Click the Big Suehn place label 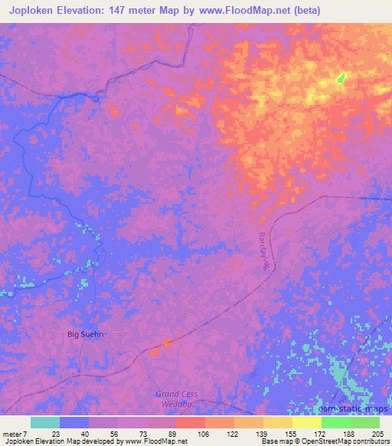click(84, 334)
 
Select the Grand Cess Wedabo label click(177, 399)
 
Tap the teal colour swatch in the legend click(45, 422)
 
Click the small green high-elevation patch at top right click(341, 77)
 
